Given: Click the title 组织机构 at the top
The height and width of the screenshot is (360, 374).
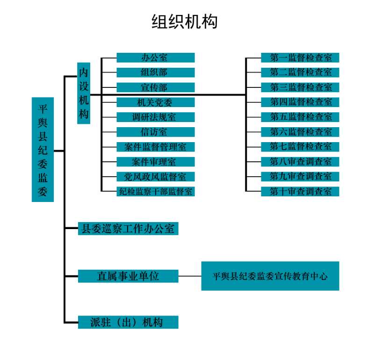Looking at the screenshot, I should pyautogui.click(x=185, y=22).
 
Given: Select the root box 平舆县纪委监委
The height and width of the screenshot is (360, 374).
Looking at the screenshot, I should pyautogui.click(x=43, y=150).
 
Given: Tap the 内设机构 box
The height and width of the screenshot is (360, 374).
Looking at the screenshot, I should pyautogui.click(x=84, y=94).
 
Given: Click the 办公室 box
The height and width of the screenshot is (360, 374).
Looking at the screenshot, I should pyautogui.click(x=155, y=58).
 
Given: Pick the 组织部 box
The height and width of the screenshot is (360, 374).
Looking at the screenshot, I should pyautogui.click(x=155, y=72).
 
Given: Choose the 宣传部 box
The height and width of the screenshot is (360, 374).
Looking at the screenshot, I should pyautogui.click(x=155, y=87).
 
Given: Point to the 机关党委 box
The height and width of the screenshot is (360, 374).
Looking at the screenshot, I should pyautogui.click(x=155, y=102).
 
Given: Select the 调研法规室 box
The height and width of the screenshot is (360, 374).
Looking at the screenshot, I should pyautogui.click(x=155, y=117).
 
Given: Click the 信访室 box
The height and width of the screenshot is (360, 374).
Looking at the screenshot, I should pyautogui.click(x=155, y=132).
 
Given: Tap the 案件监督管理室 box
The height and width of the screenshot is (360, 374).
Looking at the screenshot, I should pyautogui.click(x=155, y=147).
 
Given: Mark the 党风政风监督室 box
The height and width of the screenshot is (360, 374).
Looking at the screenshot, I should pyautogui.click(x=155, y=177).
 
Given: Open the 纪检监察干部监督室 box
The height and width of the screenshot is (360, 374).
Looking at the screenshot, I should pyautogui.click(x=155, y=191).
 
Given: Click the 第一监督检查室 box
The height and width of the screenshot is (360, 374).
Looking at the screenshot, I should pyautogui.click(x=300, y=58).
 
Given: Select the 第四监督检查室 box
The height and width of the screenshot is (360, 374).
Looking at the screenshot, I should pyautogui.click(x=300, y=102).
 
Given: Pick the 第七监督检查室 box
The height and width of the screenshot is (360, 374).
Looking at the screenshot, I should pyautogui.click(x=300, y=147).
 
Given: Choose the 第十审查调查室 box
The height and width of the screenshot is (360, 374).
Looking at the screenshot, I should pyautogui.click(x=300, y=191).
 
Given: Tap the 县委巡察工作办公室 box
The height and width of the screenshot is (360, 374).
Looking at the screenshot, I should pyautogui.click(x=128, y=229).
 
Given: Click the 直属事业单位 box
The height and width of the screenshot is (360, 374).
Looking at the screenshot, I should pyautogui.click(x=128, y=276).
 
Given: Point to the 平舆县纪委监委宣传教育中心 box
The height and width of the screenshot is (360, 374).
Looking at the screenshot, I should pyautogui.click(x=270, y=276).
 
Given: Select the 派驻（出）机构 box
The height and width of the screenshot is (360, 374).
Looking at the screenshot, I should pyautogui.click(x=128, y=323).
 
